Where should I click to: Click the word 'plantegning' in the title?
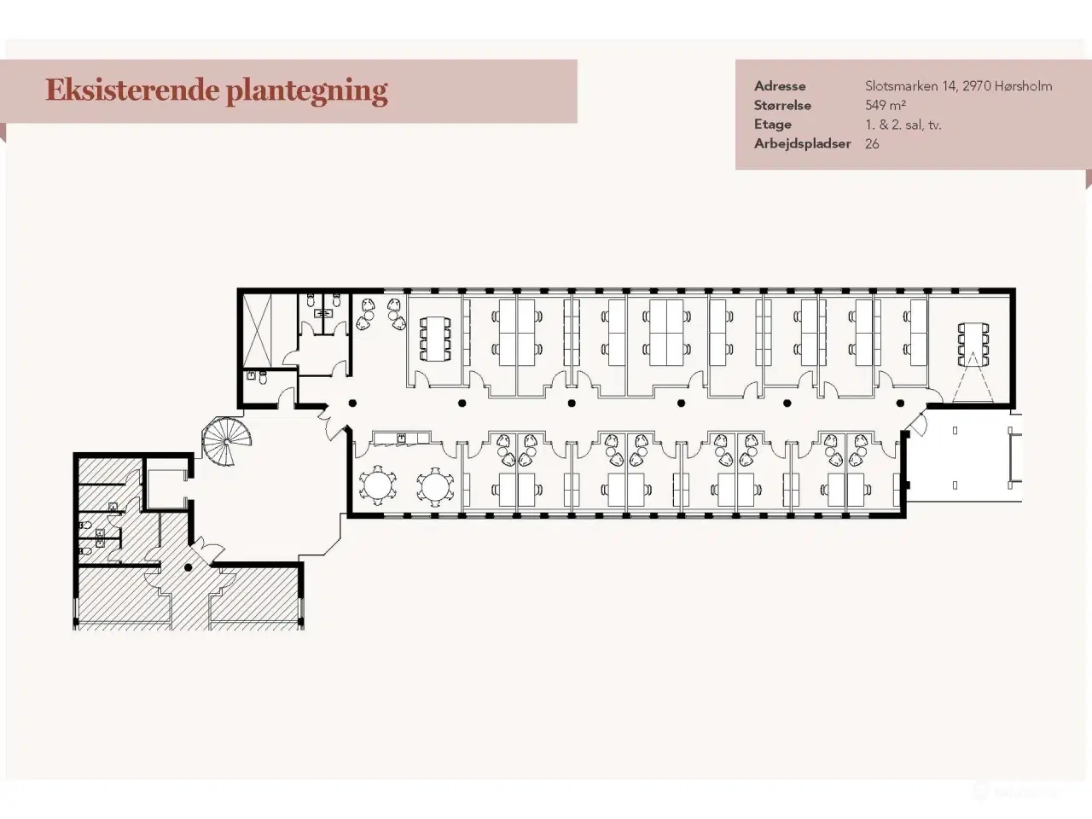[307, 90]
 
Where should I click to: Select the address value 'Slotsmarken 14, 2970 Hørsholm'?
[958, 86]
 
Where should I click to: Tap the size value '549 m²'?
[885, 106]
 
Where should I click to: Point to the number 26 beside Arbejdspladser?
[872, 144]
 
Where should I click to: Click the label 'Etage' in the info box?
[772, 125]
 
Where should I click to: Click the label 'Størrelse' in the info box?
[782, 106]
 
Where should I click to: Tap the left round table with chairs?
[377, 485]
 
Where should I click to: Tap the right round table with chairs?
[434, 485]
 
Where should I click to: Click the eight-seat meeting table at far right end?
[973, 342]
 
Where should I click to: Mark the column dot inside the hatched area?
[189, 566]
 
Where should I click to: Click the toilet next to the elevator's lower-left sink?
[263, 376]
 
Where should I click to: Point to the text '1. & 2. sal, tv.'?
[903, 125]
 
